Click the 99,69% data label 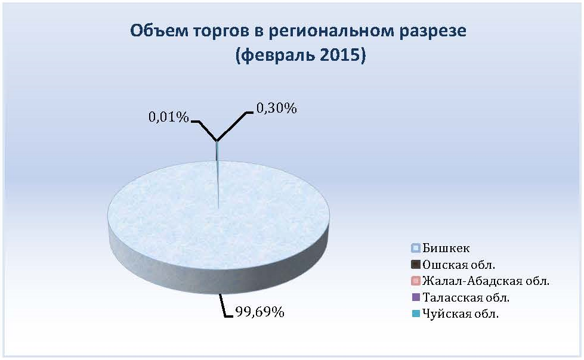259,312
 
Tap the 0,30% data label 277,108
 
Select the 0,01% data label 169,117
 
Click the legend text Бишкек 446,248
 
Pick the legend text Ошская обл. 459,265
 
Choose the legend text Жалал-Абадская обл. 486,281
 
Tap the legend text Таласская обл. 465,297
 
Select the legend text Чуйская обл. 461,314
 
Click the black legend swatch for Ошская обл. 416,265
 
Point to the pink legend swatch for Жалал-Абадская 416,281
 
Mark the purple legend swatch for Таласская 416,297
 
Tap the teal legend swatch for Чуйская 416,314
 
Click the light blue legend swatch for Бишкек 416,249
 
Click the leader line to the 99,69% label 224,307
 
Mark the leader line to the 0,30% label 233,126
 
